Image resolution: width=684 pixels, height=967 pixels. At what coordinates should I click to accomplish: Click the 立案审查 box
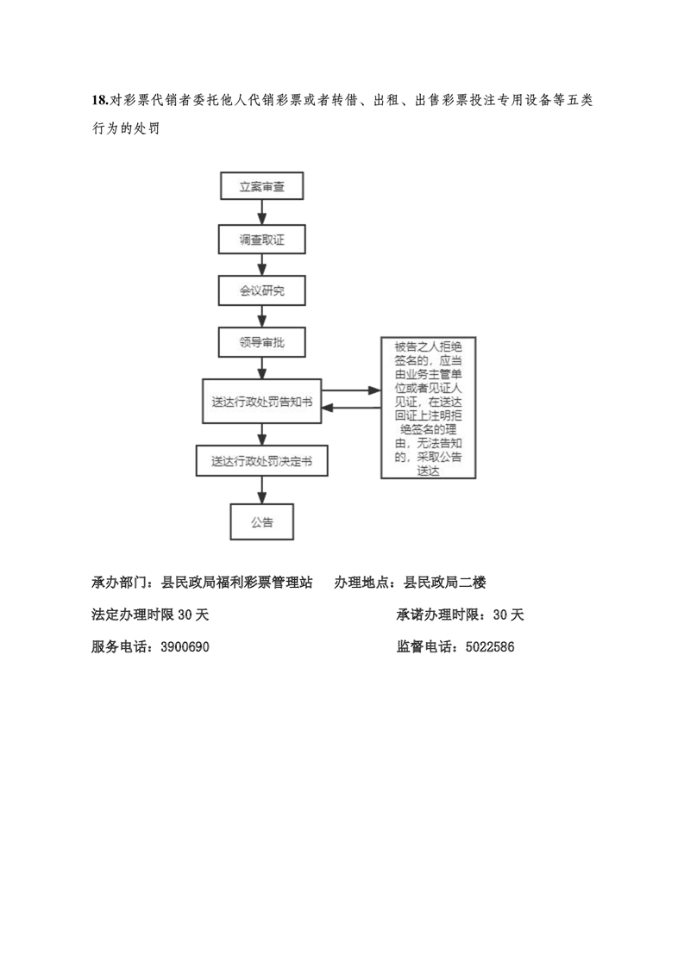pos(261,185)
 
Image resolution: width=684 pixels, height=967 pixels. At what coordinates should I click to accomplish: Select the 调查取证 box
pos(261,240)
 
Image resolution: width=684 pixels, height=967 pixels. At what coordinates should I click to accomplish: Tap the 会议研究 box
pos(261,290)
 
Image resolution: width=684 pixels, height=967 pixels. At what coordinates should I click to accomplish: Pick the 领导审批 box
pos(261,342)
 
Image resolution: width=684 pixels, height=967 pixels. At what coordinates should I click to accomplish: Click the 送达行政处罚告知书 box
pos(261,402)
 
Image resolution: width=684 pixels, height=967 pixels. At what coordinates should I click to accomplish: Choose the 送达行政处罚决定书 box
pos(261,461)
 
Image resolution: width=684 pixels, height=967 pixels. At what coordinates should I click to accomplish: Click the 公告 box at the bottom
pos(261,521)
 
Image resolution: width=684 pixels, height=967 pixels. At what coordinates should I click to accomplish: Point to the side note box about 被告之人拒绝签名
pos(429,408)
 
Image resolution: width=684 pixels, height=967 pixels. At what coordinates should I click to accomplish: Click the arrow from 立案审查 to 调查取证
pos(261,212)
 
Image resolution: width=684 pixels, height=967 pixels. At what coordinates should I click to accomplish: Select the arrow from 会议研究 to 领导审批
pos(261,316)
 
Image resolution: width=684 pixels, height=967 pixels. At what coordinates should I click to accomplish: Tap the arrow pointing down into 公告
pos(261,490)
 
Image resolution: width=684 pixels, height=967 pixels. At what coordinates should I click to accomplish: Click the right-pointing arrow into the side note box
pos(351,390)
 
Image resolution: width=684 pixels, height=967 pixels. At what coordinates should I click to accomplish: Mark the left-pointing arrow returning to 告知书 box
pos(351,408)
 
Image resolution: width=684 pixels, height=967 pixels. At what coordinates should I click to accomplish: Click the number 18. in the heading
pos(100,100)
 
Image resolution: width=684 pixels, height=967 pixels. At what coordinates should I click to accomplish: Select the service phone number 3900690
pos(185,647)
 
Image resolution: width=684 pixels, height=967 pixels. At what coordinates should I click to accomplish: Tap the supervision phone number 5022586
pos(490,647)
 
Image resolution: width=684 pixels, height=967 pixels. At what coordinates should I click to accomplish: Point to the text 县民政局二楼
pos(444,582)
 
